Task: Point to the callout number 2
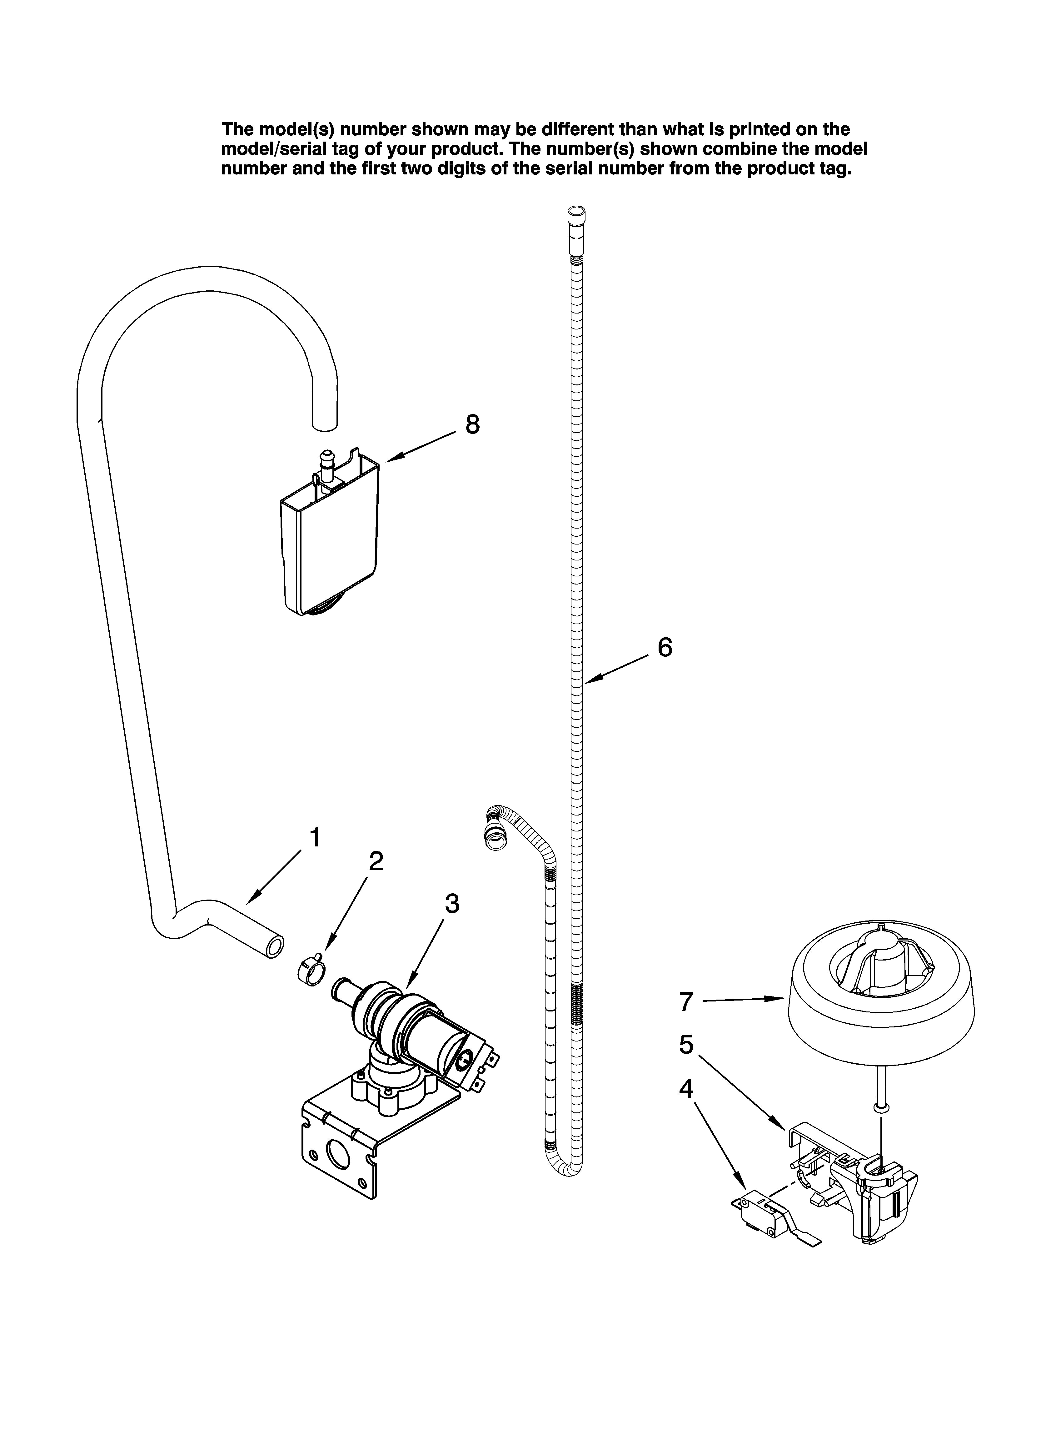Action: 376,861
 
